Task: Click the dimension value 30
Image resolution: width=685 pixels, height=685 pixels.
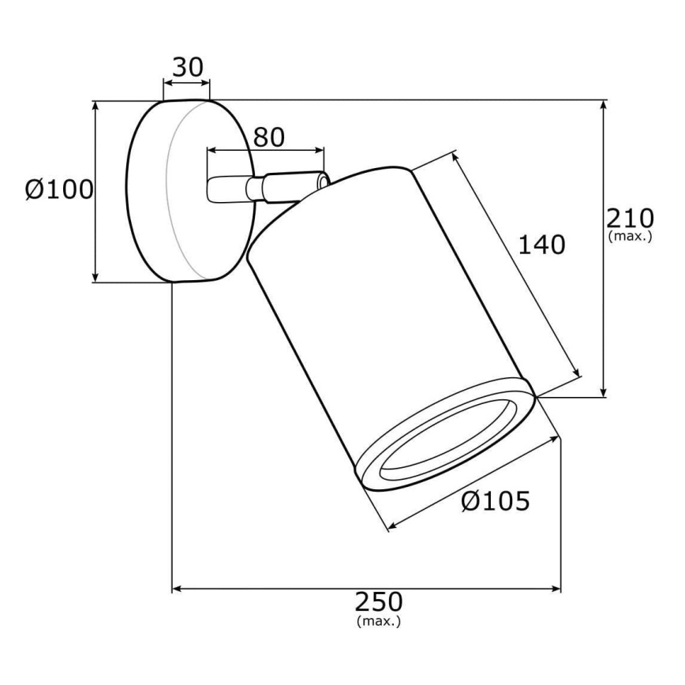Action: [188, 67]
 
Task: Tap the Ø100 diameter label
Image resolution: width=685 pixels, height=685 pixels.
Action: [59, 189]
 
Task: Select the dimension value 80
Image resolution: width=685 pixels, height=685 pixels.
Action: [269, 137]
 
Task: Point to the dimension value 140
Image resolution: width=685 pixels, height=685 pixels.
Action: [541, 245]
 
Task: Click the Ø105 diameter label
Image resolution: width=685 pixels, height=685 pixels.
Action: [496, 500]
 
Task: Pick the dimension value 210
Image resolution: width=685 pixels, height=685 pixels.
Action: [630, 218]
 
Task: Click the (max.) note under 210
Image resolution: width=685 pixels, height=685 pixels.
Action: [631, 236]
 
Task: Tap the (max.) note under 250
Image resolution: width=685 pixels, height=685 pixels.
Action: [379, 621]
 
